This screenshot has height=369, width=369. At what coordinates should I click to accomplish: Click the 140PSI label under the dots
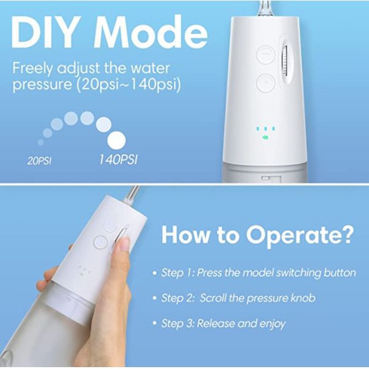click(x=118, y=160)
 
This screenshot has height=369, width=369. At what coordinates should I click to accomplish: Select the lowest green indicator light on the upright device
click(x=264, y=138)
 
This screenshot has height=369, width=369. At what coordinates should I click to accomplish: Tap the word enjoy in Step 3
click(x=271, y=323)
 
